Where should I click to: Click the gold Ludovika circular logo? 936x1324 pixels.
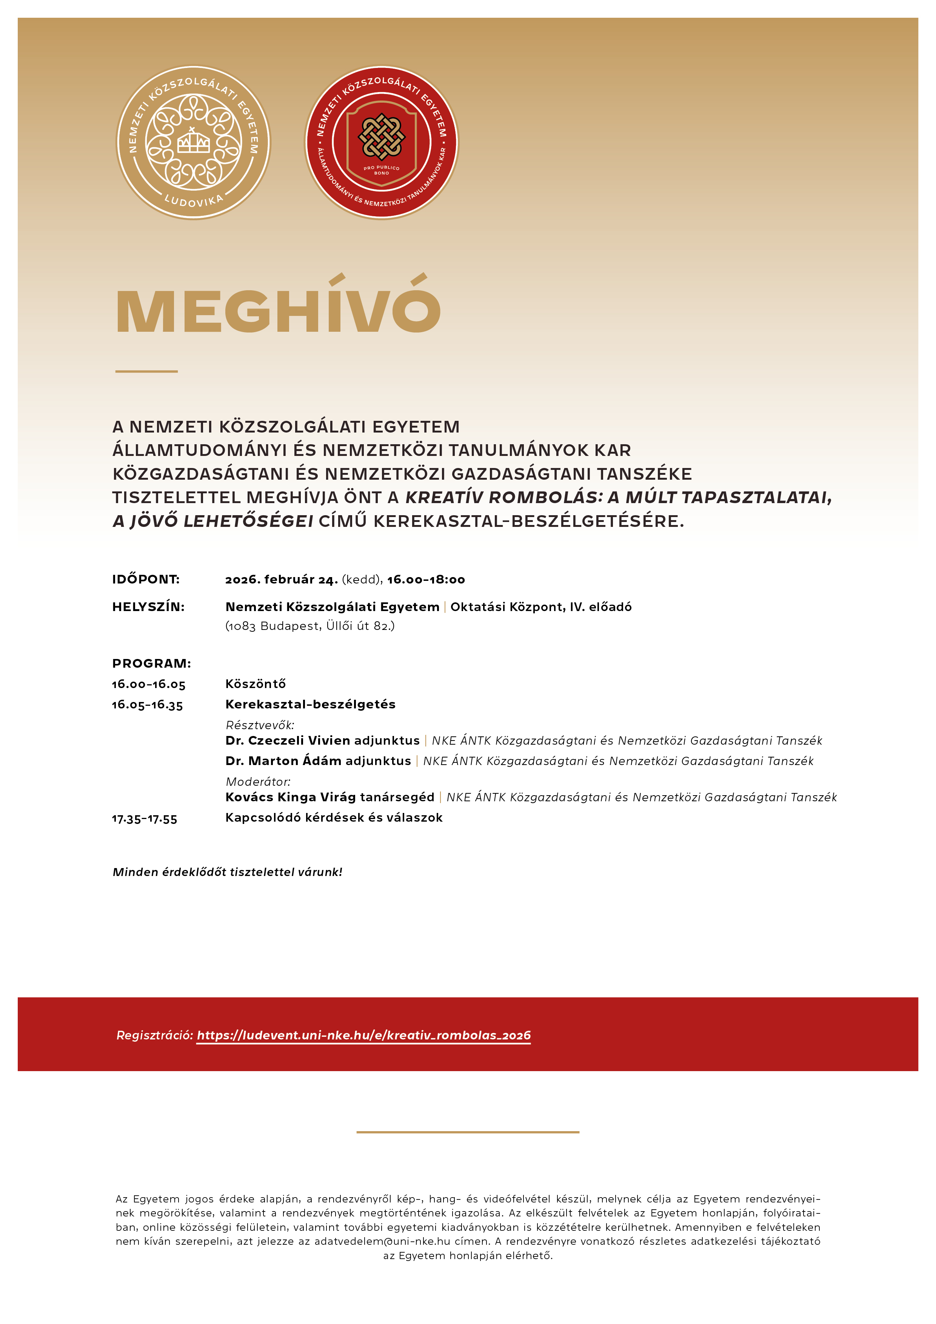[193, 142]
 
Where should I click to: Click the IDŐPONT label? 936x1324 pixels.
[146, 580]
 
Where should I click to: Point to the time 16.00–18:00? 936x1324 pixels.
[426, 580]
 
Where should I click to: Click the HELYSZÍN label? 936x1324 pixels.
[148, 607]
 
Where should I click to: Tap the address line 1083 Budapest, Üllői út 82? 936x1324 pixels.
[310, 626]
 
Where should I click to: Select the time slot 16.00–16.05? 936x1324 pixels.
[149, 685]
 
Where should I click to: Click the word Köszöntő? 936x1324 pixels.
[256, 684]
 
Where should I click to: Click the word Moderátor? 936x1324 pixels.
[258, 782]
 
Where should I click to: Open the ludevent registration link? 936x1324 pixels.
[363, 1035]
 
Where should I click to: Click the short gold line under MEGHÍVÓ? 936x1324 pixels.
[146, 371]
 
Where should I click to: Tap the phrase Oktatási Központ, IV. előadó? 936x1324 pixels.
[540, 607]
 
